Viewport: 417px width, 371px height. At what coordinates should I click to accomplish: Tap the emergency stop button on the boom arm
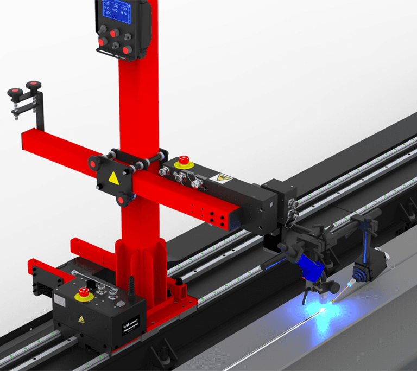(x=184, y=161)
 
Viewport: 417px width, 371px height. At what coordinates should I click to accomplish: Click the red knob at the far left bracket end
(x=35, y=85)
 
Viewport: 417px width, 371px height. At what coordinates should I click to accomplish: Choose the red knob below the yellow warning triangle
(x=122, y=200)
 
